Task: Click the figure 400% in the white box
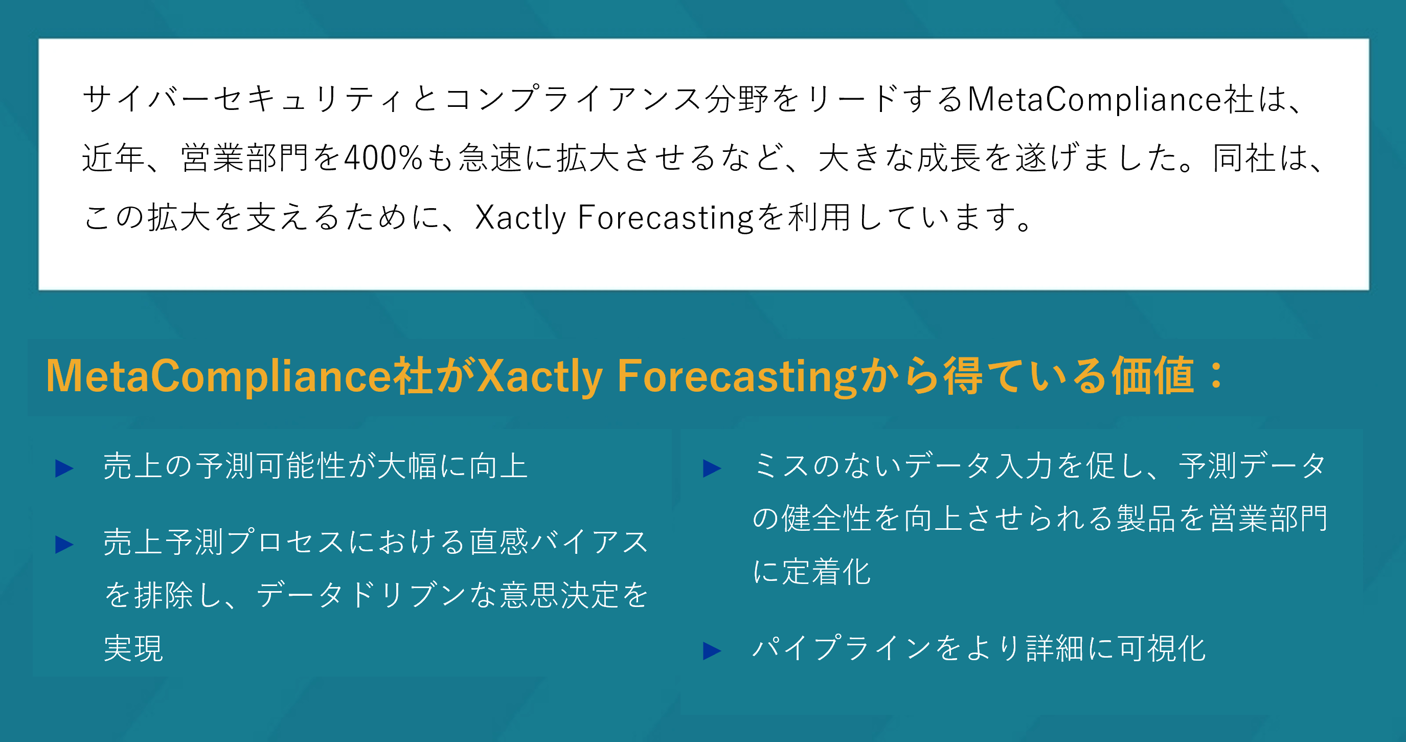383,158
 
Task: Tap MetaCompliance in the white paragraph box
1094,99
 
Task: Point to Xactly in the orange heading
540,377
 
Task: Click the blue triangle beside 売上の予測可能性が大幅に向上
64,468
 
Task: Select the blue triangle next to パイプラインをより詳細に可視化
712,651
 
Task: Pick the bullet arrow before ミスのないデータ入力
712,468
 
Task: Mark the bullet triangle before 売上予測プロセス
64,544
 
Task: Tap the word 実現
134,648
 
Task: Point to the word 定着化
826,572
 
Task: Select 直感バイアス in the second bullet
559,542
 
